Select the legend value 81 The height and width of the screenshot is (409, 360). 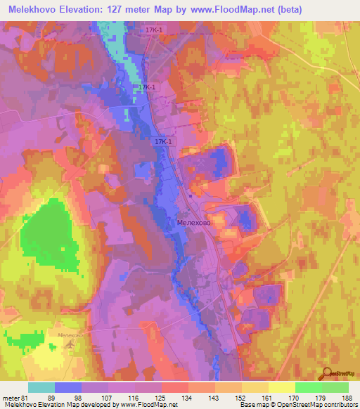tap(26, 398)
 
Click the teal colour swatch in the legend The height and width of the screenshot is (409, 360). tap(41, 387)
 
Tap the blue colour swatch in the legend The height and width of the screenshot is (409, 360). tap(68, 387)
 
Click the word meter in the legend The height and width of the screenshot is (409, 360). tap(10, 398)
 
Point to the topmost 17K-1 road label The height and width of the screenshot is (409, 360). tap(155, 30)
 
